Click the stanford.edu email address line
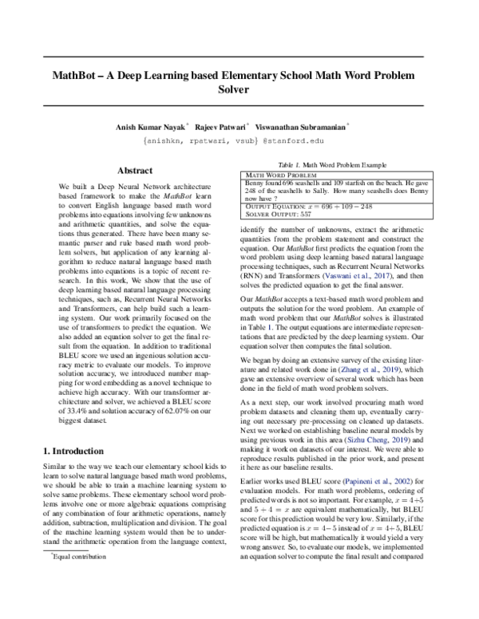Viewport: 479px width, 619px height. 239,140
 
